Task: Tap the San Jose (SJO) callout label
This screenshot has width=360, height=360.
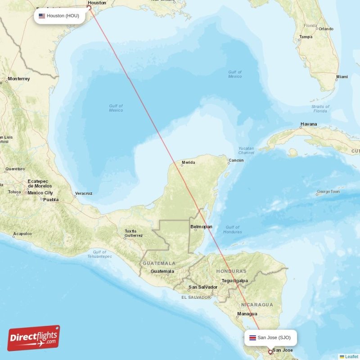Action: coord(270,337)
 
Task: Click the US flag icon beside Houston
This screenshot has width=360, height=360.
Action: coord(42,16)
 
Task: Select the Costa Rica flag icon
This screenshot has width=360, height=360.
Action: coord(252,337)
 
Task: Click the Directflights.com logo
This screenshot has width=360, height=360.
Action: coord(34,338)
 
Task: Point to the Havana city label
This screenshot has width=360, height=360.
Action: coord(309,124)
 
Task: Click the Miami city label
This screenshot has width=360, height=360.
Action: coord(342,77)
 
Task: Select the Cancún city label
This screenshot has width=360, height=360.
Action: coord(236,161)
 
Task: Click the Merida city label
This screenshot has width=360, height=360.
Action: coord(188,162)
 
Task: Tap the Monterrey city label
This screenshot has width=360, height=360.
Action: coord(18,79)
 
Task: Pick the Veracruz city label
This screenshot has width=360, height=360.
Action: coord(84,193)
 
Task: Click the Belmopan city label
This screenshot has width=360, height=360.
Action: coord(201,227)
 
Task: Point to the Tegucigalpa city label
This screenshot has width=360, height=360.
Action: coord(234,281)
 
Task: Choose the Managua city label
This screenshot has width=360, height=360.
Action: coord(247,314)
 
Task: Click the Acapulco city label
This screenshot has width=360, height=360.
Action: coord(22,234)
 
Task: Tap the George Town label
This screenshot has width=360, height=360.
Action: coord(329,192)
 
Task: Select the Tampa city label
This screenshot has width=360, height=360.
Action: coord(306,37)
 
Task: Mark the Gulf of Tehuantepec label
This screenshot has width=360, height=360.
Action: coord(99,254)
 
